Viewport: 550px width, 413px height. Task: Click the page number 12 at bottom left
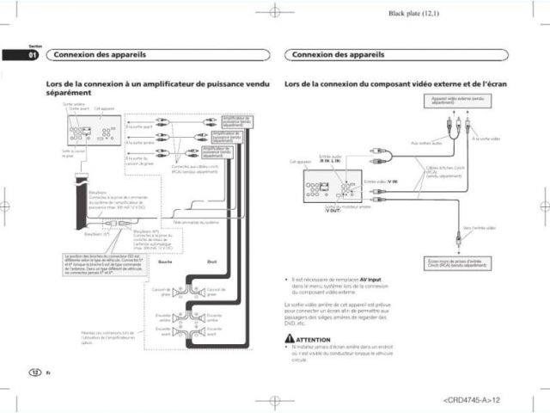34,371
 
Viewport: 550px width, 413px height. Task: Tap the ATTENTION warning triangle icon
289,340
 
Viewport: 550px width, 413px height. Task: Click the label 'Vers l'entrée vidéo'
480,228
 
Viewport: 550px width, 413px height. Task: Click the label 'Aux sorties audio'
426,143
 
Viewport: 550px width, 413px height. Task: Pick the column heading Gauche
167,262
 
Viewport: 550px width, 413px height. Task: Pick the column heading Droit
211,262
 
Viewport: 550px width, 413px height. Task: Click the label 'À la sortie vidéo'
486,138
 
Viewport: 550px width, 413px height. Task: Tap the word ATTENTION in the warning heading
313,340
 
